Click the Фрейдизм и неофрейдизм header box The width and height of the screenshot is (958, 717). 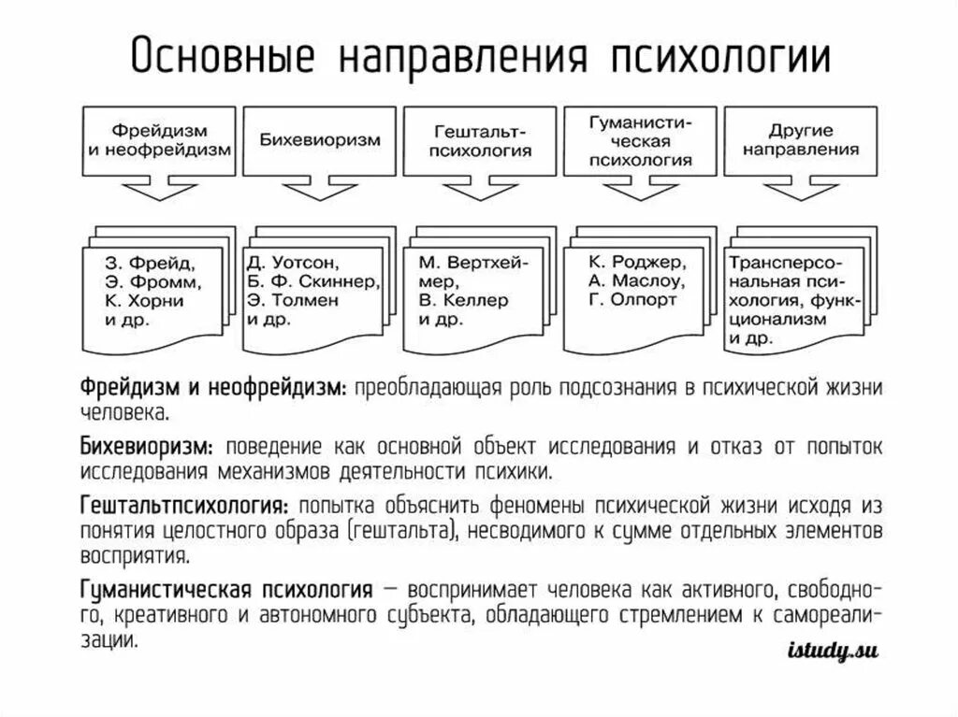[159, 141]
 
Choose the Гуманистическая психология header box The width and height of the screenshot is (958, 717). [641, 140]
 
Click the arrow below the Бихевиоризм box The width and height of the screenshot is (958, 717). [318, 191]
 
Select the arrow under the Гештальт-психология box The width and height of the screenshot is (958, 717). [479, 191]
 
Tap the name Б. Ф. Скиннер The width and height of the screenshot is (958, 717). [312, 280]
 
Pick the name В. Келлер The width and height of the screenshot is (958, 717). [464, 301]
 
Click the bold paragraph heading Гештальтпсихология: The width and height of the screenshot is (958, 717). [182, 507]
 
